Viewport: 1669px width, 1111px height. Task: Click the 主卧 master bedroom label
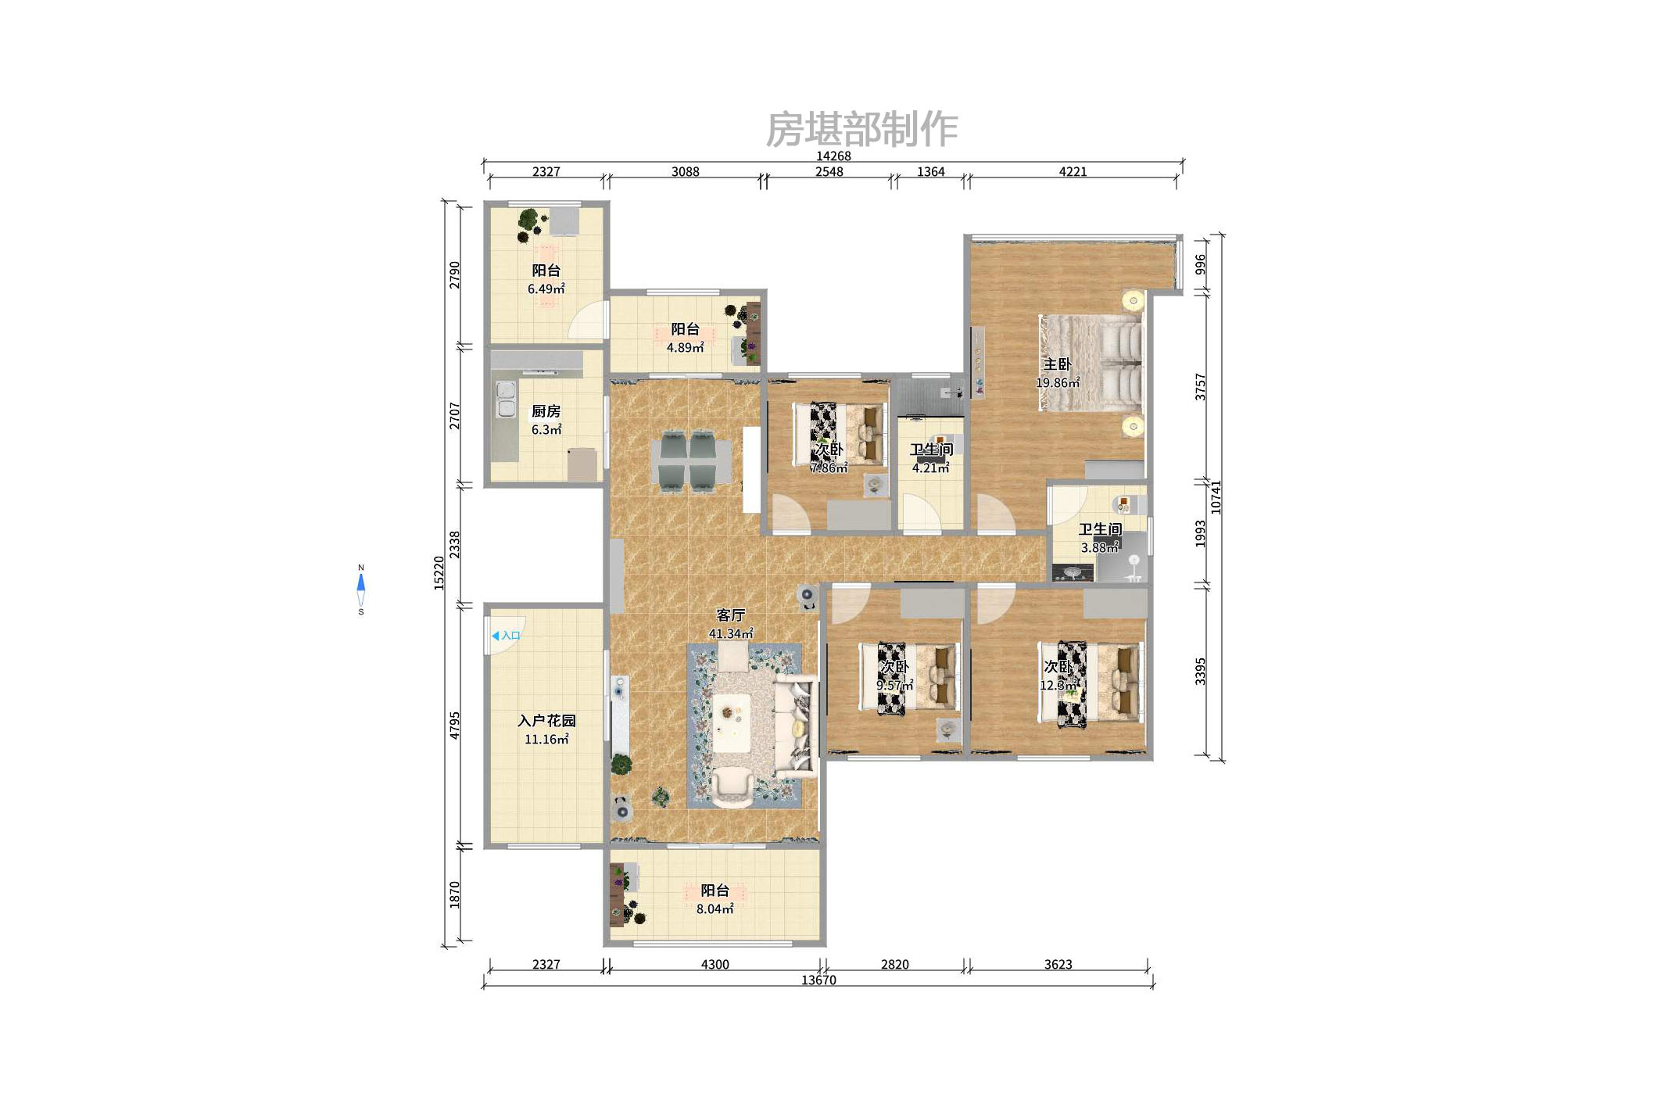(x=1057, y=364)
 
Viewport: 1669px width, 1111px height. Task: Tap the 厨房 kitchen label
(x=546, y=411)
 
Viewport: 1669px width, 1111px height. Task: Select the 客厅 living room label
(x=730, y=615)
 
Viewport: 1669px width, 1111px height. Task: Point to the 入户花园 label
(x=546, y=721)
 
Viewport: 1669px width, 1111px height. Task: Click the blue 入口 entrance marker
(x=506, y=636)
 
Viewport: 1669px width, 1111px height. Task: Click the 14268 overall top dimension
(x=833, y=156)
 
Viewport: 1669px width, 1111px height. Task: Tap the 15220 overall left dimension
(x=439, y=573)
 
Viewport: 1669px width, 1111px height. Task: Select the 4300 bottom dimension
(x=715, y=964)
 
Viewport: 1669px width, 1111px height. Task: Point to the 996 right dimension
(x=1201, y=264)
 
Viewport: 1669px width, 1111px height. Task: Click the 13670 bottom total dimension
(x=818, y=980)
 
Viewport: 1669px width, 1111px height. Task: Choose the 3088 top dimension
(x=686, y=171)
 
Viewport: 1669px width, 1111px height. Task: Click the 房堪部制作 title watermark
(x=861, y=129)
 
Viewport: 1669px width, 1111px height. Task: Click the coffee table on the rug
(x=732, y=723)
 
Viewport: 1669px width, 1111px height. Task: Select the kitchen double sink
(x=506, y=400)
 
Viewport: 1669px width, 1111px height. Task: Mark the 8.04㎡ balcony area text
(x=715, y=909)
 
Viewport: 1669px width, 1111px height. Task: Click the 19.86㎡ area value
(x=1058, y=383)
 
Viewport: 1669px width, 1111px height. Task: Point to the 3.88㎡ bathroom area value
(x=1100, y=548)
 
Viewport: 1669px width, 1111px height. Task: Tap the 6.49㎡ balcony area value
(x=546, y=289)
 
